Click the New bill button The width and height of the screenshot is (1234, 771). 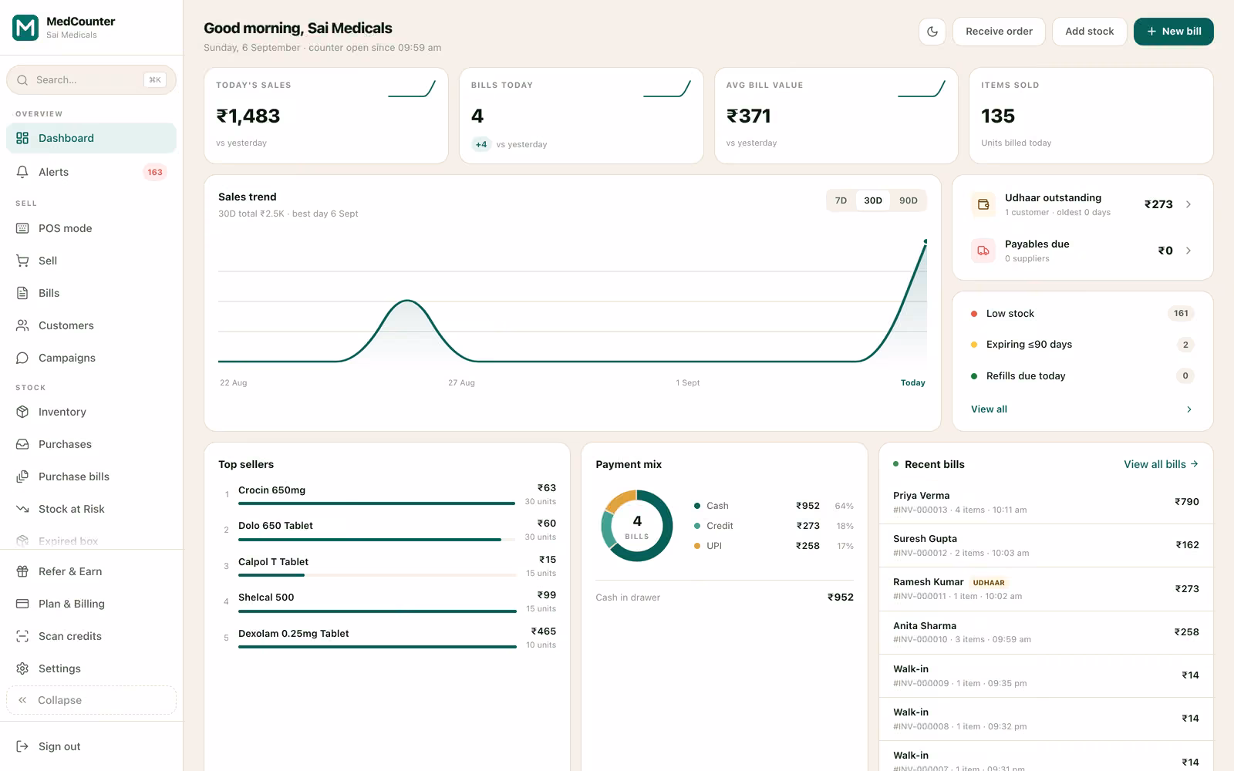coord(1173,32)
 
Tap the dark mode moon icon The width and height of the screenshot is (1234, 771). coord(932,32)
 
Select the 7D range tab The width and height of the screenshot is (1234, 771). coord(841,200)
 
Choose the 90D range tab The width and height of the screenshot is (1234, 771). coord(909,200)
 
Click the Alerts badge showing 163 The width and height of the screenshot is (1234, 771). coord(155,173)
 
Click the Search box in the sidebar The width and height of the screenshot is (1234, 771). coord(92,80)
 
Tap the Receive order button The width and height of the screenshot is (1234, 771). coord(999,32)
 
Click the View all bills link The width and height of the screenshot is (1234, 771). coord(1161,464)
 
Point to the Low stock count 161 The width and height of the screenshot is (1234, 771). coord(1181,313)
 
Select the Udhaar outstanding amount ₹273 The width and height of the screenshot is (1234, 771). coord(1158,204)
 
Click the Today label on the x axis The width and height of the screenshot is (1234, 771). coord(913,382)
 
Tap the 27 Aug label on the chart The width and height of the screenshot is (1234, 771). coord(461,382)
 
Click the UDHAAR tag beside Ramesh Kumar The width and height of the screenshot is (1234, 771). coord(988,583)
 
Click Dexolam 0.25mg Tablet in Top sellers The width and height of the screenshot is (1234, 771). coord(293,633)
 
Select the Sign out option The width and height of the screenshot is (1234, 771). coord(59,746)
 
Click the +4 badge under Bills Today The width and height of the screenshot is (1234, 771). coord(481,144)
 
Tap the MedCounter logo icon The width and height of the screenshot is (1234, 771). coord(25,28)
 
